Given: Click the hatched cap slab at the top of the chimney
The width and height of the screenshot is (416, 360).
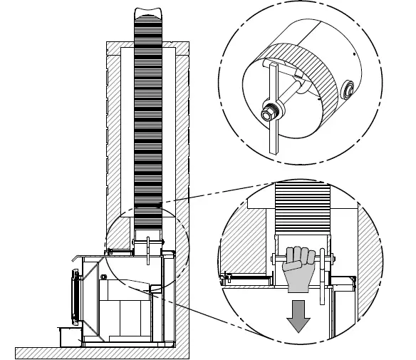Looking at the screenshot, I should click(x=147, y=49).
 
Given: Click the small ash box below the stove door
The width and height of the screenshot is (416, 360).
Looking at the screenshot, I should click(x=69, y=336).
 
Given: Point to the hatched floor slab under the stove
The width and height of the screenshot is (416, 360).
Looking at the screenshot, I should click(x=100, y=351).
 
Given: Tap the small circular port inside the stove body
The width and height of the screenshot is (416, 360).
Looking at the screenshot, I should click(x=104, y=276).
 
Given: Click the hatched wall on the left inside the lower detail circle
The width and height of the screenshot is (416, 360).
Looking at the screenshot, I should click(x=238, y=242).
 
